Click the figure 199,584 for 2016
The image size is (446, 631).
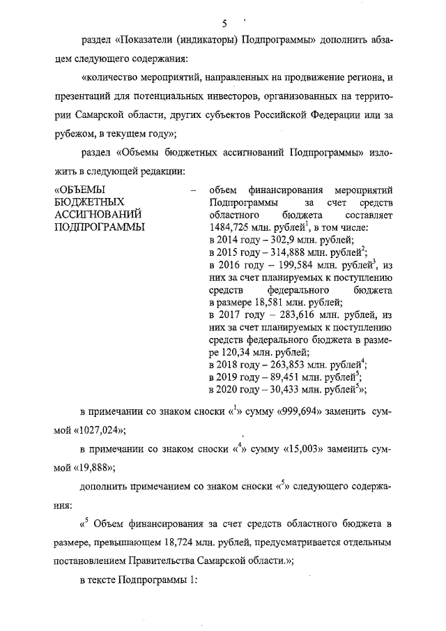[288, 266]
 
